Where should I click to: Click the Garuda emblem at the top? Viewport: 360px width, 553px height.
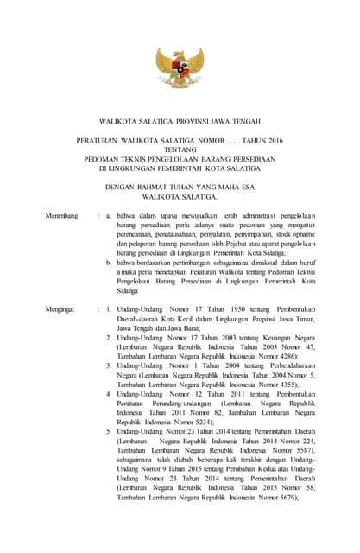tap(180, 69)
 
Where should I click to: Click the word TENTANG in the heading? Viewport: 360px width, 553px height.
tap(180, 148)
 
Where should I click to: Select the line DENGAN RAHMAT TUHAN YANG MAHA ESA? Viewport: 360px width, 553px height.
tap(180, 186)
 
